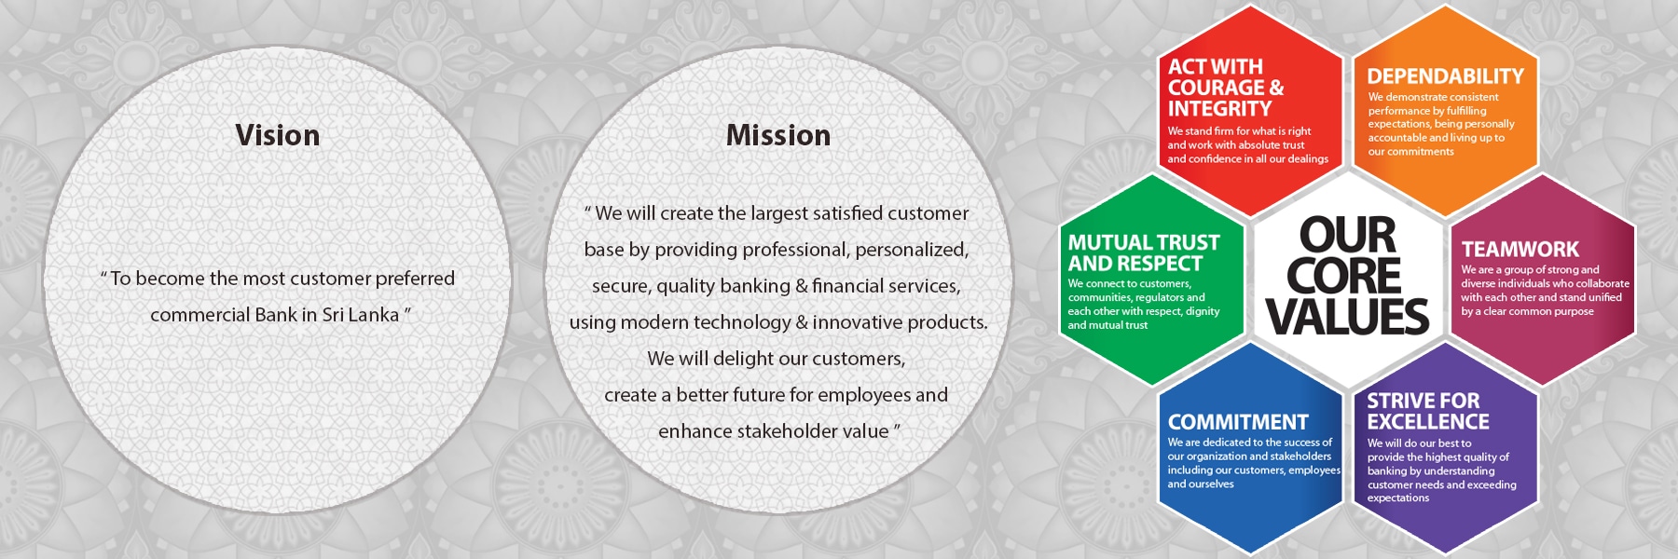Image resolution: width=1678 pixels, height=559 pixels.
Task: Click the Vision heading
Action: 278,136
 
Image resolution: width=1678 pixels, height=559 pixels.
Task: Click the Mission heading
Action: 778,136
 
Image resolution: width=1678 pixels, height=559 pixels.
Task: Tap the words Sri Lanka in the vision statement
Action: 361,315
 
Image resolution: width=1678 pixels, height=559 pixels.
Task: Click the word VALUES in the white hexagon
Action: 1347,317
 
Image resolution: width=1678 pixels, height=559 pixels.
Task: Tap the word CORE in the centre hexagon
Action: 1344,276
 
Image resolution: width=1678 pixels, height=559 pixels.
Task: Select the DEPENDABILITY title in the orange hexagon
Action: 1445,76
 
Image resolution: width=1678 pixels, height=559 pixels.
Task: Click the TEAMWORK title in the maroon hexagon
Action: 1520,250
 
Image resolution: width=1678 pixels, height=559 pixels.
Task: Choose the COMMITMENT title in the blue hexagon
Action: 1238,422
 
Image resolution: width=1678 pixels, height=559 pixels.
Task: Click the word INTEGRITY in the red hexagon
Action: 1219,109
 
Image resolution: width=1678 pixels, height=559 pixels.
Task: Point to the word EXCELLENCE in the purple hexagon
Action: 1428,422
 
